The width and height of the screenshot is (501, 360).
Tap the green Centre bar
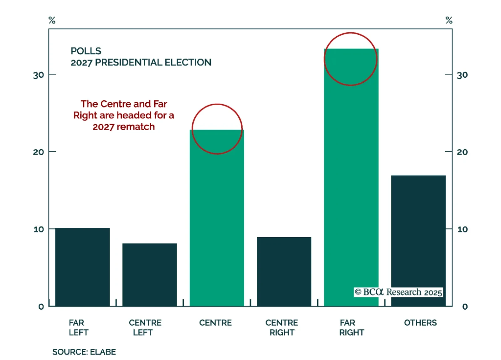point(217,219)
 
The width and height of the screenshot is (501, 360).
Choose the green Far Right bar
point(351,188)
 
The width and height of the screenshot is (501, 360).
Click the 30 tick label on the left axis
point(39,75)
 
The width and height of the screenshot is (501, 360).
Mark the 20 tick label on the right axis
point(462,152)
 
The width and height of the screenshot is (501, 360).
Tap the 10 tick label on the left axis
point(39,229)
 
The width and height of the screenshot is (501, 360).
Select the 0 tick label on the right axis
point(465,306)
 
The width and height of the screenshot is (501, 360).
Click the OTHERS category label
point(420,323)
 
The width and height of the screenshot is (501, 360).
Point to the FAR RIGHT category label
point(351,327)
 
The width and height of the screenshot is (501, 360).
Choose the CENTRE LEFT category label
point(145,327)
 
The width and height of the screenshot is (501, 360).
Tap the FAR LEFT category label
point(78,327)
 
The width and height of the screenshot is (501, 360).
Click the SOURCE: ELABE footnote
point(84,352)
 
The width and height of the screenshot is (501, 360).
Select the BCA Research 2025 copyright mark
point(398,292)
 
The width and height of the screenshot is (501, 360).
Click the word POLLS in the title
point(86,51)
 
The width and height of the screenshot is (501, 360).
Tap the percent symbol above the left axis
point(52,21)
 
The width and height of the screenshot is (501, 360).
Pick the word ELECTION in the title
point(188,62)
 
